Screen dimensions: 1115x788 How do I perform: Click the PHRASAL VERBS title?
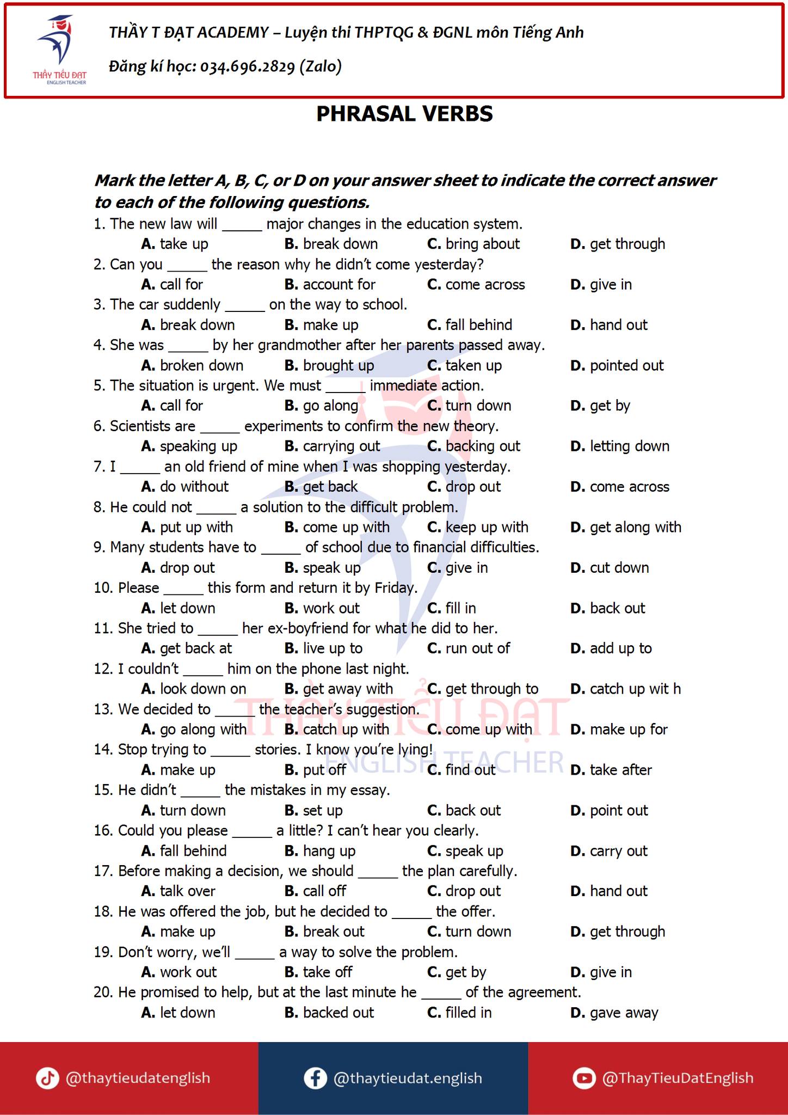pos(404,114)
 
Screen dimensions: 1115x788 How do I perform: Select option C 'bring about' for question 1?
pos(473,244)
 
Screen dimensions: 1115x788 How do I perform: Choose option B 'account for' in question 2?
pos(330,284)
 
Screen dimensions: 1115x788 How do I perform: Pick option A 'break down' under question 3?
pos(188,325)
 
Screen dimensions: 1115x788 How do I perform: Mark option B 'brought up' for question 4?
pos(329,365)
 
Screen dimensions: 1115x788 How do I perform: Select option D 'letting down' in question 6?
pos(620,446)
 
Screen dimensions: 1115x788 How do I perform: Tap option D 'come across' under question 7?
pos(620,487)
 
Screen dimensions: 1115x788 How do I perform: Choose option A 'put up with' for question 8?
pos(187,527)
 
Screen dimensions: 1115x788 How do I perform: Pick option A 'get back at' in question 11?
pos(187,648)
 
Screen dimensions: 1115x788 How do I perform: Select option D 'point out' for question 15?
pos(610,811)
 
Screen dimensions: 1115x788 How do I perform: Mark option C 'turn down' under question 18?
pos(469,932)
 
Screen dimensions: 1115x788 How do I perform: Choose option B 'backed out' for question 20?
pos(329,1013)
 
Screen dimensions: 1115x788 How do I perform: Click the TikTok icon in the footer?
pos(47,1078)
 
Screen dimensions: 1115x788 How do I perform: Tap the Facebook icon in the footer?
pos(315,1078)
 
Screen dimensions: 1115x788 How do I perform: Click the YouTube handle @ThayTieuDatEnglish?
pos(678,1078)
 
